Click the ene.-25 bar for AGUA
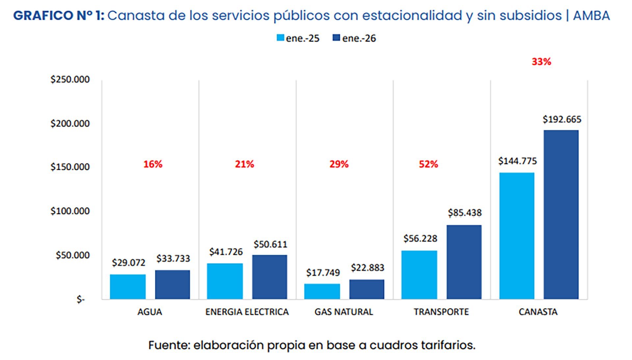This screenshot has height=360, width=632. click(128, 287)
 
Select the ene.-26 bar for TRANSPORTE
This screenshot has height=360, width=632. click(464, 262)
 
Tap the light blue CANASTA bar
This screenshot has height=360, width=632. click(516, 236)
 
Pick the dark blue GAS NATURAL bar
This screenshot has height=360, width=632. click(367, 289)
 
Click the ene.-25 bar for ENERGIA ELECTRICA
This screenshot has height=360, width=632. click(225, 281)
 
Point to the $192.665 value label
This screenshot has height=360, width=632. click(562, 119)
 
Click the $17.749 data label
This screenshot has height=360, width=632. click(323, 273)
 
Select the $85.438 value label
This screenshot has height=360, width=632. click(464, 213)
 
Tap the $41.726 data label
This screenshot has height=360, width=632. click(226, 252)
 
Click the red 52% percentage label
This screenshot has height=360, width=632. click(428, 164)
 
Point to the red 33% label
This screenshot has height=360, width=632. click(541, 62)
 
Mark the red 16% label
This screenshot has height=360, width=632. click(153, 164)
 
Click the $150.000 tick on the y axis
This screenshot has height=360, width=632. click(70, 167)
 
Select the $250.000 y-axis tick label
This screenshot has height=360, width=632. click(70, 80)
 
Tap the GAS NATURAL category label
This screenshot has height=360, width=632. click(344, 312)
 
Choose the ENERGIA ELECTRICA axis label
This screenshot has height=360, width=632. click(247, 312)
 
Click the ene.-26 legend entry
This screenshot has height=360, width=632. click(354, 38)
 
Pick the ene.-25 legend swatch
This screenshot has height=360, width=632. click(280, 38)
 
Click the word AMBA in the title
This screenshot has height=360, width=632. click(591, 16)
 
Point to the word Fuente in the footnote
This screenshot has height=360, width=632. click(169, 345)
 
